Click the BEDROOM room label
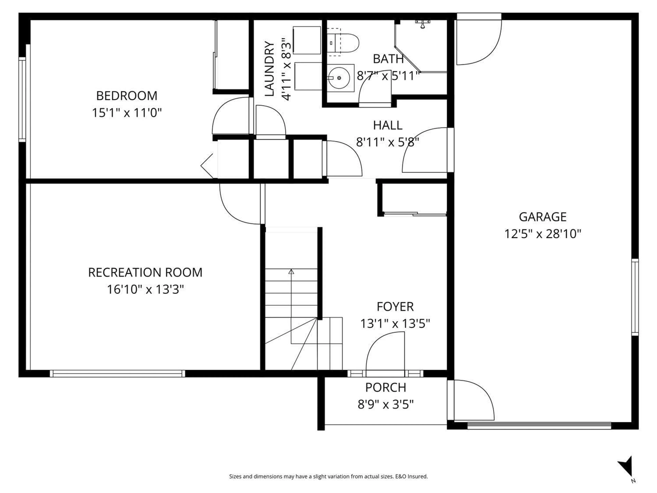click(127, 96)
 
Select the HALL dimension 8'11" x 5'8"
click(387, 142)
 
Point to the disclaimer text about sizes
click(328, 476)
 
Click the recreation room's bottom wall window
click(117, 374)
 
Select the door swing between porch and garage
click(472, 400)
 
